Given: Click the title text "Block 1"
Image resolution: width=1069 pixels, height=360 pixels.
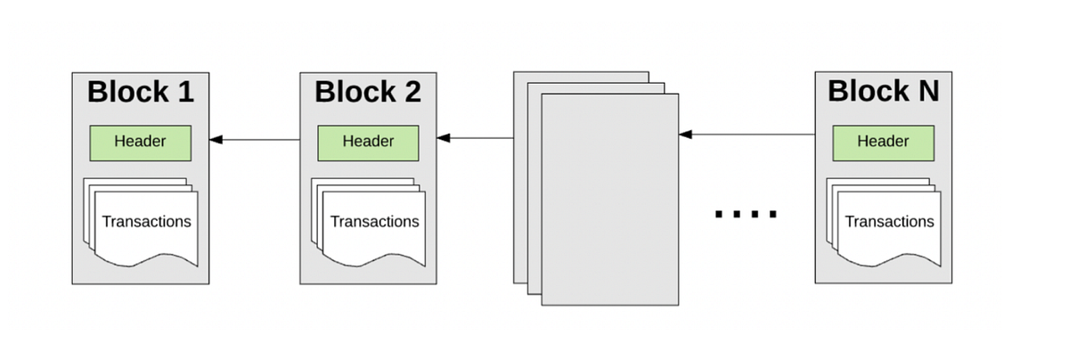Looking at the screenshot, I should tap(140, 92).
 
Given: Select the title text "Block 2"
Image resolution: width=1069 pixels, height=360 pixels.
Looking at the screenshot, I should tap(368, 92).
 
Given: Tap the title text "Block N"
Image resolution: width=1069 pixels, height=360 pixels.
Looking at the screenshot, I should tap(883, 92).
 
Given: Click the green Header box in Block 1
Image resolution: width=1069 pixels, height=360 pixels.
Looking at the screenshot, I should tap(140, 141).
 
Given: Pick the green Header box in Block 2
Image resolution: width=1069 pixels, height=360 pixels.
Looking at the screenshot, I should tap(368, 141).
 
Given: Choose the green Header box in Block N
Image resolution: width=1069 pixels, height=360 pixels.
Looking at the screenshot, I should tap(883, 141).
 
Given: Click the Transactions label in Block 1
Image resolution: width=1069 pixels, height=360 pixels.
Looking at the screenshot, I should tap(146, 221).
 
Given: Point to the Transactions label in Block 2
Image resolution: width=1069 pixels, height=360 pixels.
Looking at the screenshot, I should tap(374, 221).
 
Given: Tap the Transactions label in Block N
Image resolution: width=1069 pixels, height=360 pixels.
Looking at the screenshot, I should tap(889, 221).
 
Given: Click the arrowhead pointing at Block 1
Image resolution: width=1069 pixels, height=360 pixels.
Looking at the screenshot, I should tap(216, 139).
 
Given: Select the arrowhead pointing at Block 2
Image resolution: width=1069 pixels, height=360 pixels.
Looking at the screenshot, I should tap(443, 138).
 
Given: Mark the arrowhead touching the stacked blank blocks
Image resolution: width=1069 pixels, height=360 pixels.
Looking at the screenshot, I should tap(685, 135).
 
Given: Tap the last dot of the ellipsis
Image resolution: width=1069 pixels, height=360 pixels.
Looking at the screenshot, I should tap(772, 214).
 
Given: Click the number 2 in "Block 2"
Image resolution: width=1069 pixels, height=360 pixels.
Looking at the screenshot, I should tap(411, 92).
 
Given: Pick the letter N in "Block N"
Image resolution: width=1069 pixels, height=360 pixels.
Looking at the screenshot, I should tap(926, 92).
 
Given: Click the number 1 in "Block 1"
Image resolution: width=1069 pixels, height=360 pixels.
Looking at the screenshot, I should tap(184, 92).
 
